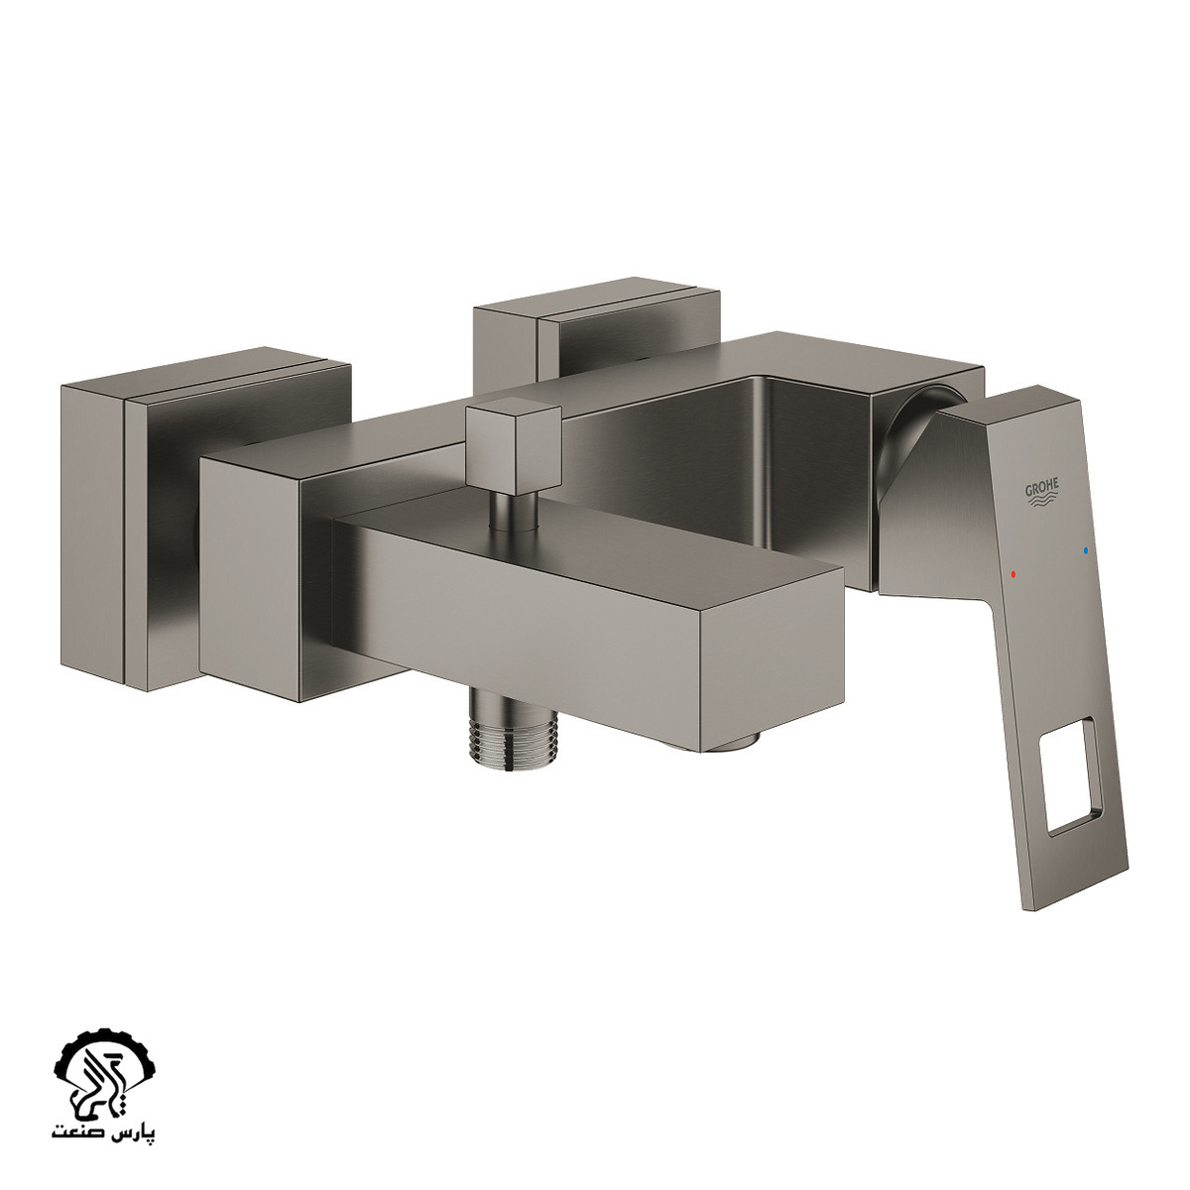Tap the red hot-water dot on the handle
[x=1012, y=574]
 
